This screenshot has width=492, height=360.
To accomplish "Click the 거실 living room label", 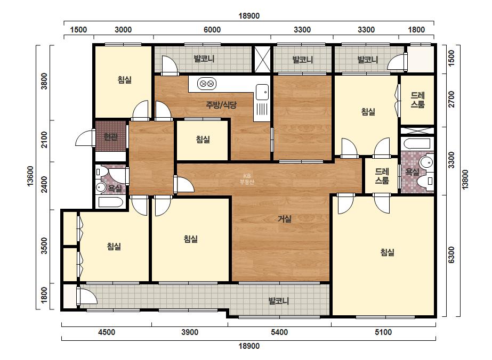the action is coord(285,219).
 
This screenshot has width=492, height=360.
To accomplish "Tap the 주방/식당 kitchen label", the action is coord(221,105).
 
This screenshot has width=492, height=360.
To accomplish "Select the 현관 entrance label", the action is coord(110,137).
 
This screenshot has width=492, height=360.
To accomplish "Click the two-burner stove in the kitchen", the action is coord(207,84).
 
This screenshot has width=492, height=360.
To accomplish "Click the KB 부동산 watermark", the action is coord(247,179).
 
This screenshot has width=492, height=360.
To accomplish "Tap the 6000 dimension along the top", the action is coord(212,30).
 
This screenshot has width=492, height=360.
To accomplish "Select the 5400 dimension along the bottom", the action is coord(279,332).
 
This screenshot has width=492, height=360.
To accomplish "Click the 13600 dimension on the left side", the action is coord(30,176).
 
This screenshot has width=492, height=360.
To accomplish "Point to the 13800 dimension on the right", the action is coord(465,179).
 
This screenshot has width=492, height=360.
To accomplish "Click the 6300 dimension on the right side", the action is coord(451,255).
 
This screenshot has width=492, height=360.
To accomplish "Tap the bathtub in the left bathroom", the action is coord(110,202).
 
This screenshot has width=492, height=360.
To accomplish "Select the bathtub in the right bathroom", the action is coord(417,144).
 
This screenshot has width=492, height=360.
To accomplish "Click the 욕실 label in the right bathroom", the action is coord(412,171).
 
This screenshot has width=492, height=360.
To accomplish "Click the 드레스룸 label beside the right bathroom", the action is coord(382,176).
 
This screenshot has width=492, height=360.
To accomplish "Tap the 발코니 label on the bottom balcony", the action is coord(279,301).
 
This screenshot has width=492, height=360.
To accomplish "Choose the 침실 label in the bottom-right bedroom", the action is coord(387,252).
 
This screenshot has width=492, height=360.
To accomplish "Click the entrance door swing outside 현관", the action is coord(85,138).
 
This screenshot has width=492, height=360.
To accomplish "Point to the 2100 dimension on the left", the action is coord(44,140).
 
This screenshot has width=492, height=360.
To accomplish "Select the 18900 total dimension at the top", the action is coord(249,16).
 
